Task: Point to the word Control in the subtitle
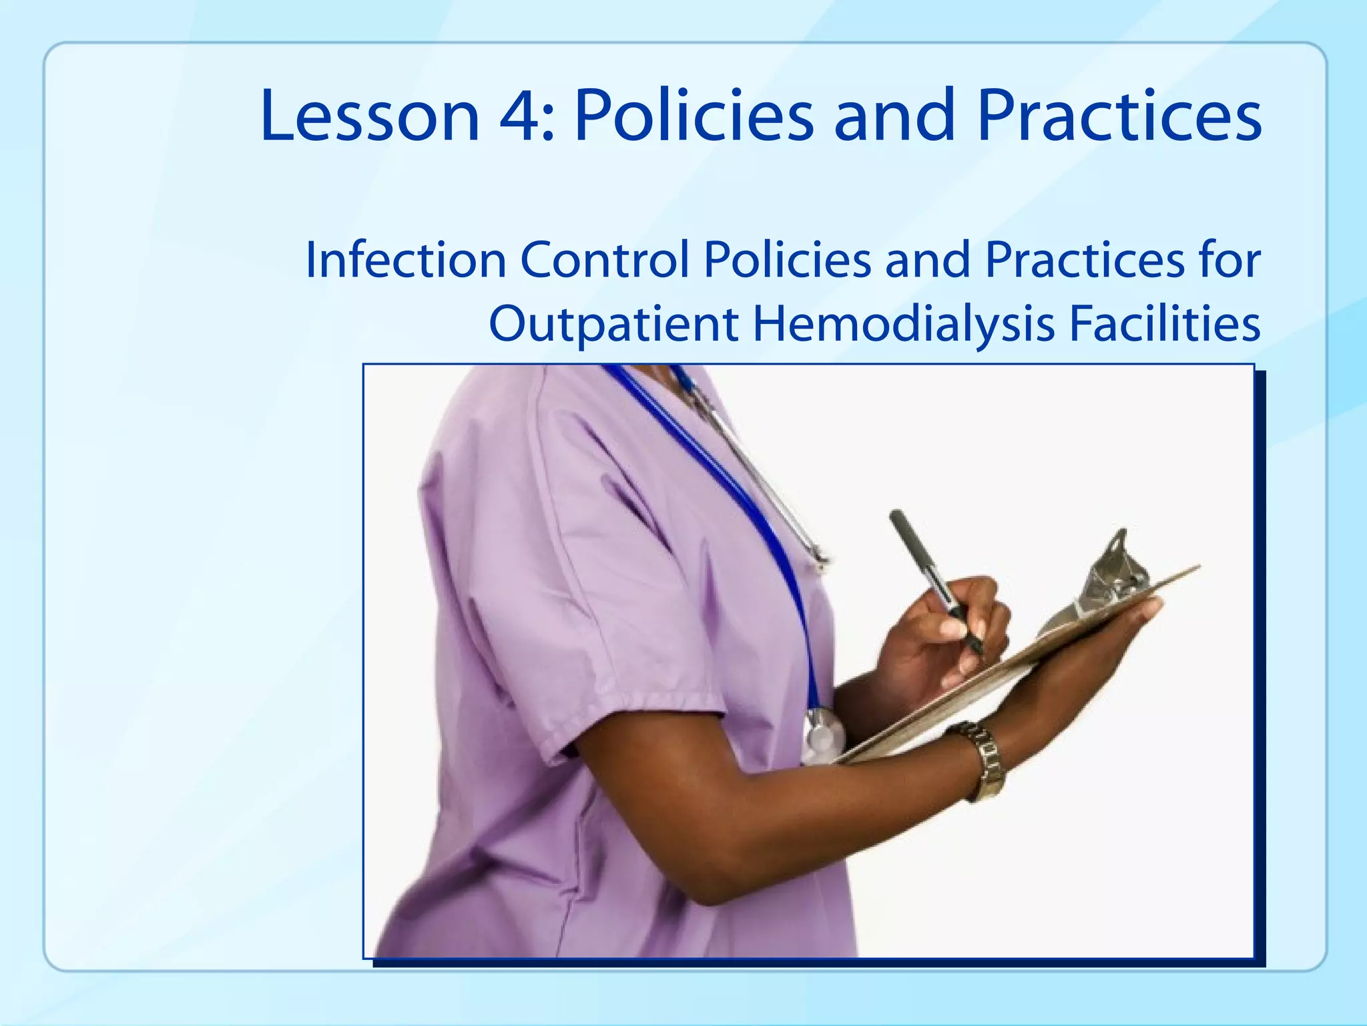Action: (x=605, y=261)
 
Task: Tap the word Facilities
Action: (x=1164, y=323)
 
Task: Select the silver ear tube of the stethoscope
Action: (x=768, y=481)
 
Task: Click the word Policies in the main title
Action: (x=694, y=117)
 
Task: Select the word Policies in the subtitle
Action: (x=788, y=261)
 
